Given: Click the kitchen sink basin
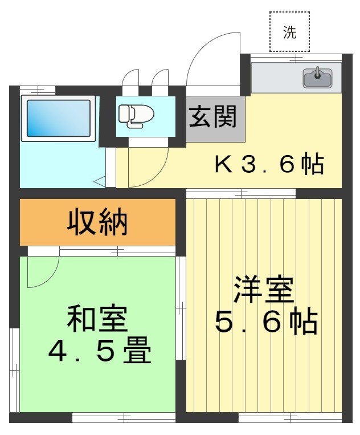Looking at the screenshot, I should coord(317,79).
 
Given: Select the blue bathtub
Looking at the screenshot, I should coord(58,118).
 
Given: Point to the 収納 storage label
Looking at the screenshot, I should coord(97,222).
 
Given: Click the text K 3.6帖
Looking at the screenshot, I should coord(269,165).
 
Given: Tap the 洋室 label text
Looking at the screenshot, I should coord(264,291).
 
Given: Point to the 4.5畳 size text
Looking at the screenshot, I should coord(99,352).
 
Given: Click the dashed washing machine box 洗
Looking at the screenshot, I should coord(290,32).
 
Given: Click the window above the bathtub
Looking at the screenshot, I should coord(38,90).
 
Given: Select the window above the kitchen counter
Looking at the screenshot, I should coord(296,58).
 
